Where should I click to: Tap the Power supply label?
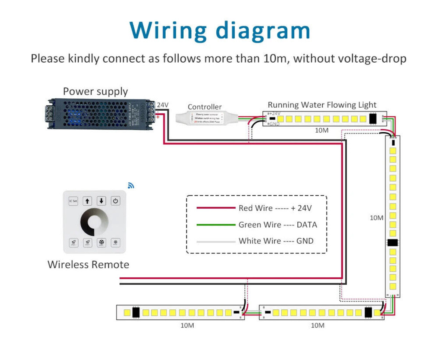(95, 91)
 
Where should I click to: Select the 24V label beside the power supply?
(163, 105)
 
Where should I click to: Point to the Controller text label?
(204, 107)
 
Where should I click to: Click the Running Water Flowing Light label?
(322, 105)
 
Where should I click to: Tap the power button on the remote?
(116, 201)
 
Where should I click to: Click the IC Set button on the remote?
(73, 201)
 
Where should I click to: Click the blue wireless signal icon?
(131, 185)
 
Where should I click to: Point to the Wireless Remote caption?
(88, 265)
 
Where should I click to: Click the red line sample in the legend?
(216, 208)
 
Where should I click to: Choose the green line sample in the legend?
(216, 225)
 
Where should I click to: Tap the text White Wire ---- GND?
(276, 241)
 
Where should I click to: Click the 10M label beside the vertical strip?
(376, 218)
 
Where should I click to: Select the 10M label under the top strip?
(322, 130)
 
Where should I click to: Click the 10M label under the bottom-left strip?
(187, 325)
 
